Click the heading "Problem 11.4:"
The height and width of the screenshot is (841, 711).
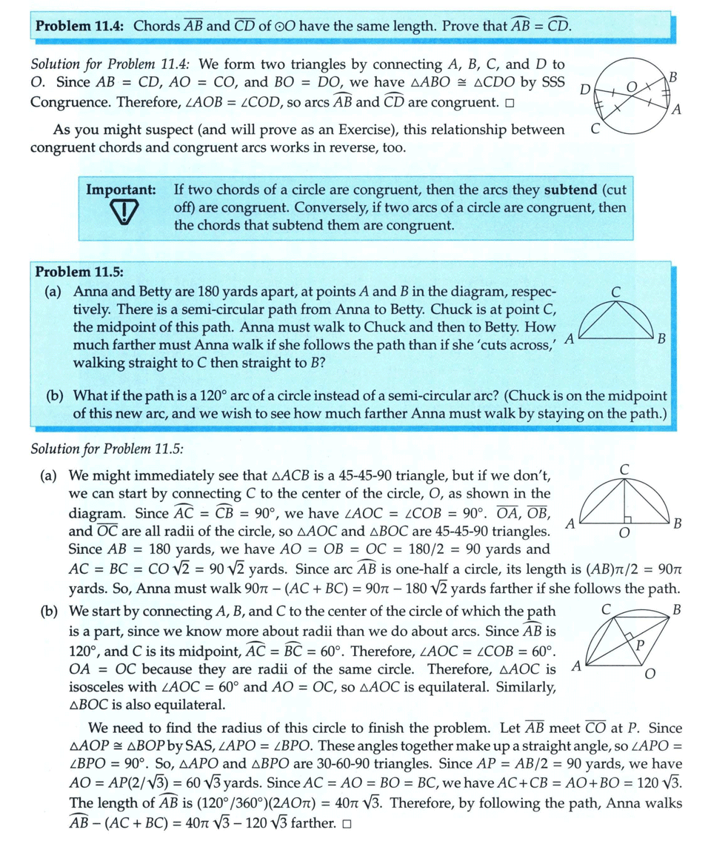click(81, 26)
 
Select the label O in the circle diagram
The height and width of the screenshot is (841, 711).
click(631, 87)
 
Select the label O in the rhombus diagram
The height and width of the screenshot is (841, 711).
click(649, 674)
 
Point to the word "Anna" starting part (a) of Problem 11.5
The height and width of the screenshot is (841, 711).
click(90, 292)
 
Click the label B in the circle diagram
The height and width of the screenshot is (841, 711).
click(672, 76)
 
